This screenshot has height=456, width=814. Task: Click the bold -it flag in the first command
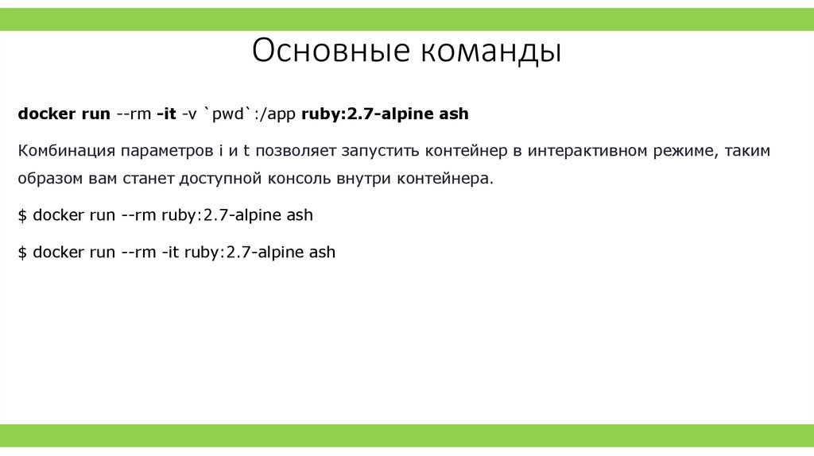tap(166, 114)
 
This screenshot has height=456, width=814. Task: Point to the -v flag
tap(189, 114)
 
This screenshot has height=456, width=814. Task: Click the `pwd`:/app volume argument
tap(251, 114)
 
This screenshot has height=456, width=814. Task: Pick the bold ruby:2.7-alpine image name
tap(367, 114)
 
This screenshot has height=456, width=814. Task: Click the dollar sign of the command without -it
tap(23, 215)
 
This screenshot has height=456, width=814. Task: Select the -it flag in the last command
tap(169, 253)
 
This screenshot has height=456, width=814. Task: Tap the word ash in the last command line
tap(322, 253)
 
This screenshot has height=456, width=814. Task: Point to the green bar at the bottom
tap(407, 435)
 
